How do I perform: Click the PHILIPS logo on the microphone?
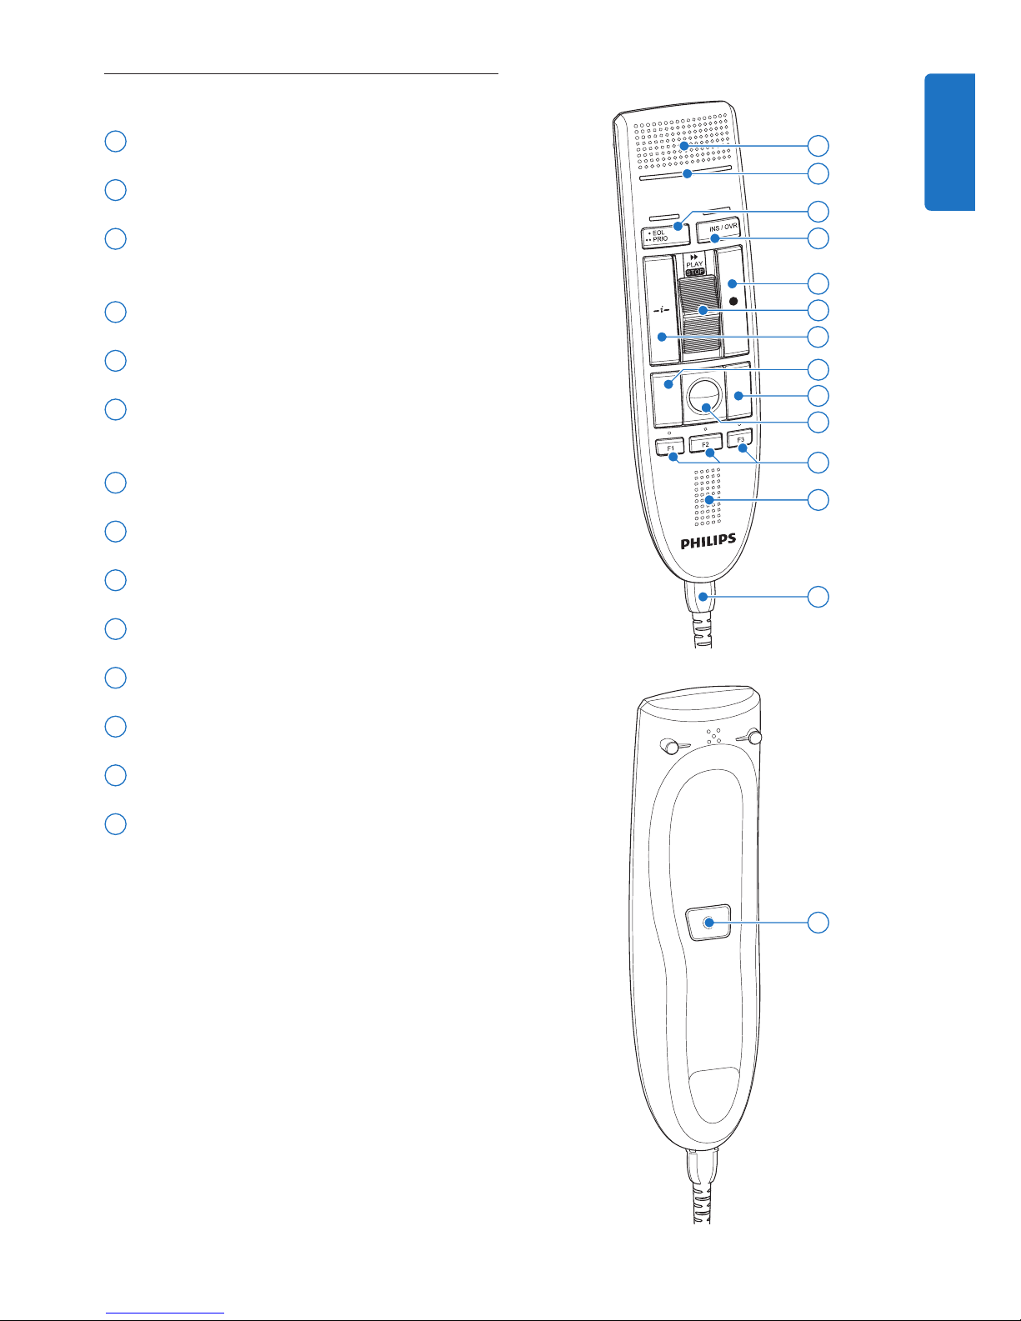[708, 541]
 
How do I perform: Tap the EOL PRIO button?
[665, 235]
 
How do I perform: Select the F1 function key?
[670, 447]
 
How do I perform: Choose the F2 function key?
[706, 443]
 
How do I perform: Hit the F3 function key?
[740, 438]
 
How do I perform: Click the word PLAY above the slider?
[694, 264]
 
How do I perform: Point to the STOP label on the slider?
[694, 272]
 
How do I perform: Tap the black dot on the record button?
[733, 301]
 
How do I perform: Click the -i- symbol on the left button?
[661, 310]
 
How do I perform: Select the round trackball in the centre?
[706, 397]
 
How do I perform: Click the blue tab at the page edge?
[950, 143]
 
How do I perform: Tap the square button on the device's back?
[708, 923]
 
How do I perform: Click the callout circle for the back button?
[818, 923]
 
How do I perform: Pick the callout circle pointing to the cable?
[818, 597]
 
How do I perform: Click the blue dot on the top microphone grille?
[684, 146]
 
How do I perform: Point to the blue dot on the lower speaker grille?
[709, 500]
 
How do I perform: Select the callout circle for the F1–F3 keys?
[818, 463]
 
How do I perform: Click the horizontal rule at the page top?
[301, 74]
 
